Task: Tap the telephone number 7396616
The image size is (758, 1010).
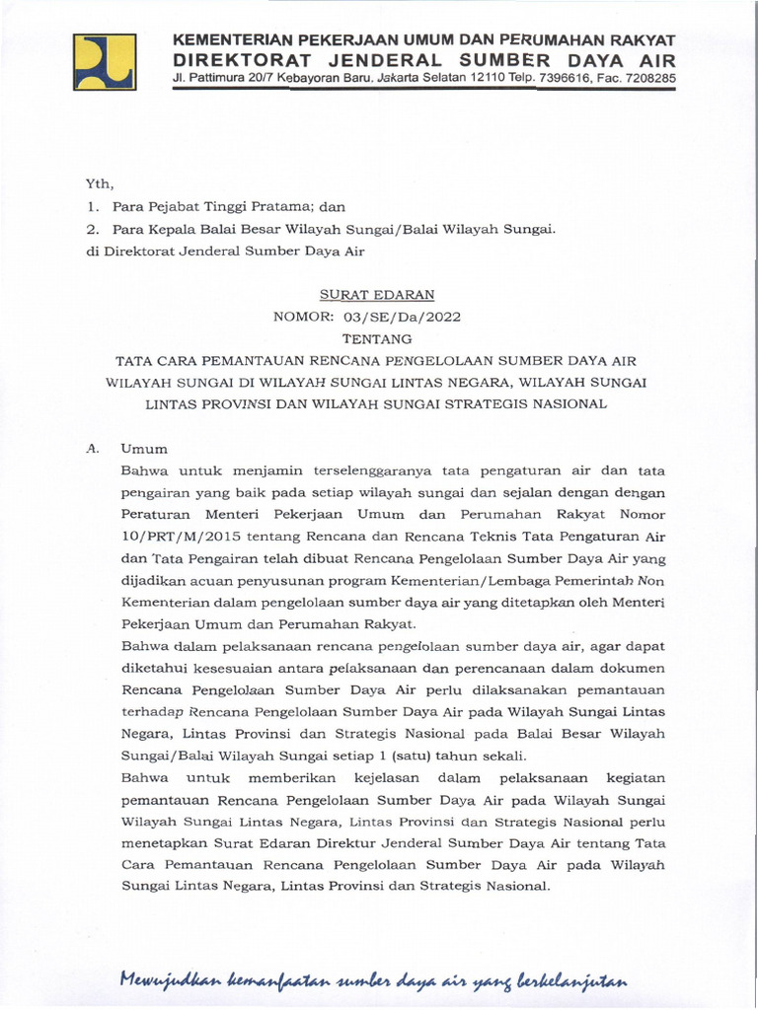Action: click(548, 76)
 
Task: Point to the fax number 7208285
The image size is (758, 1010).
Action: click(647, 76)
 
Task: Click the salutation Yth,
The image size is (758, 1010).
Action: click(100, 183)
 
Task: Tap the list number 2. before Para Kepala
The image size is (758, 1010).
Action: click(94, 229)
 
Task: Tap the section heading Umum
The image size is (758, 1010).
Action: click(144, 447)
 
